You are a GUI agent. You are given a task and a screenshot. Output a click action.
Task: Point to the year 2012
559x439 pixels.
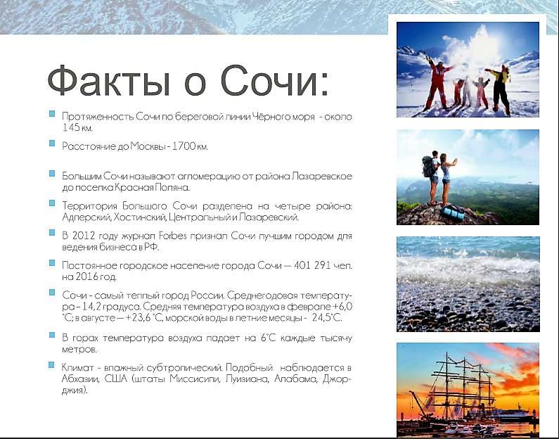point(84,236)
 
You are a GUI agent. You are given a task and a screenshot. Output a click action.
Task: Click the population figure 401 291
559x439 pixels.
point(312,265)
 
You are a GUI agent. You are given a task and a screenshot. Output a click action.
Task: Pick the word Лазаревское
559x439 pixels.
point(321,176)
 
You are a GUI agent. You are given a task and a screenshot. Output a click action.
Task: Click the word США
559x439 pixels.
point(116,378)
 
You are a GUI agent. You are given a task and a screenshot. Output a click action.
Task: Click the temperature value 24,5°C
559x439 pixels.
point(327,317)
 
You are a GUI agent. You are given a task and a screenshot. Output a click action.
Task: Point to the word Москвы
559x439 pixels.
point(147,146)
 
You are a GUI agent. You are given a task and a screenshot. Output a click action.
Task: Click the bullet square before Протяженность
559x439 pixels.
point(52,114)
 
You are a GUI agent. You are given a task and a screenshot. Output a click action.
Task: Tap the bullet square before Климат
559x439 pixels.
point(52,365)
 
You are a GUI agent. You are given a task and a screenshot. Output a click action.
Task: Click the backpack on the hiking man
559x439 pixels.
point(428,167)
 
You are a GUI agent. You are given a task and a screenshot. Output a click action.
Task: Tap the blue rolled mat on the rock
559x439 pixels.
point(453,212)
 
